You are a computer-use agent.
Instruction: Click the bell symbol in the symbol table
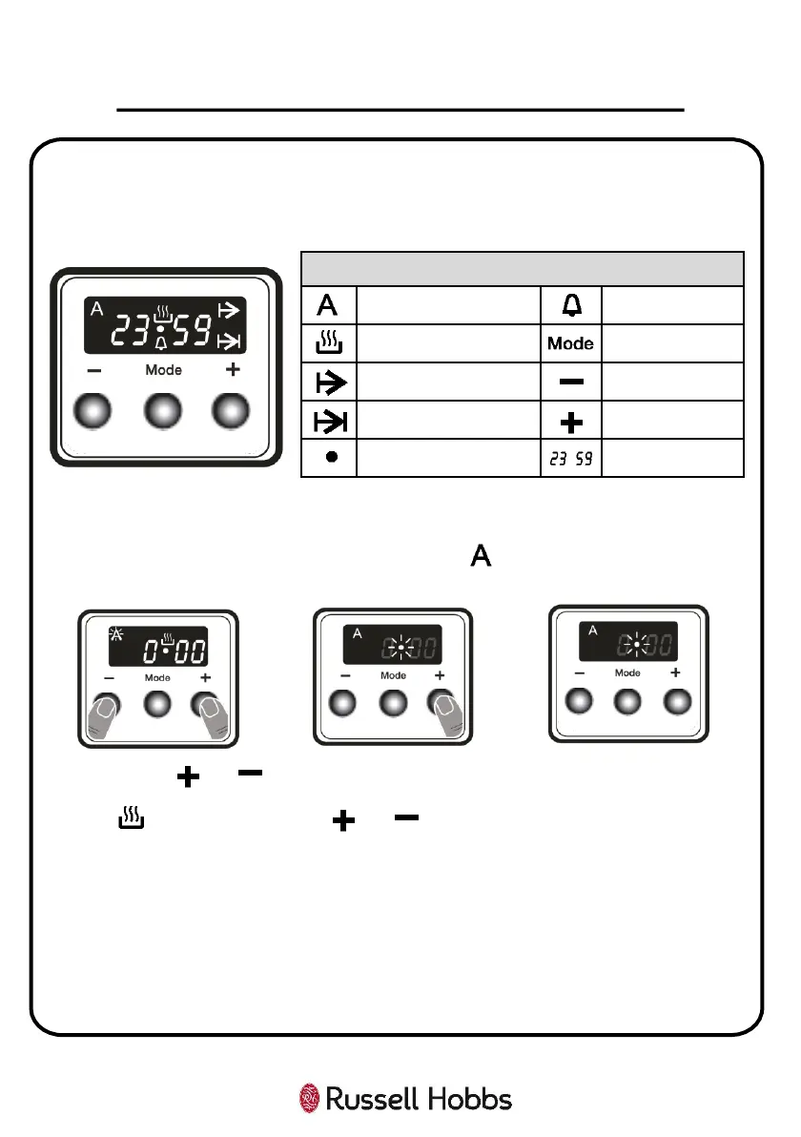[570, 305]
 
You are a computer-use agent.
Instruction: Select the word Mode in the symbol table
[570, 344]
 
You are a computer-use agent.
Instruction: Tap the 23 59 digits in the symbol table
[570, 459]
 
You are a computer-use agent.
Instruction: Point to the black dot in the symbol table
[329, 458]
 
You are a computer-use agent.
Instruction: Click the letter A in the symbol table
[328, 305]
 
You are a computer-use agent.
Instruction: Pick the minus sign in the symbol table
[570, 382]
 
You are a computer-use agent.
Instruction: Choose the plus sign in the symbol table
[570, 421]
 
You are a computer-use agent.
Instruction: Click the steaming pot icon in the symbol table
[328, 344]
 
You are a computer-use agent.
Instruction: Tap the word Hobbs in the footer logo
[466, 1099]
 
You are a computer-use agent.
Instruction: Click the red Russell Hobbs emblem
[310, 1098]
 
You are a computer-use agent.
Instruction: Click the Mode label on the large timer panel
[163, 370]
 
